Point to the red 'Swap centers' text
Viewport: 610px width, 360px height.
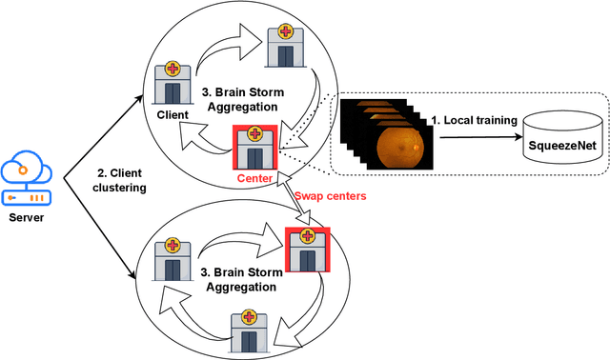[x=331, y=196]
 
